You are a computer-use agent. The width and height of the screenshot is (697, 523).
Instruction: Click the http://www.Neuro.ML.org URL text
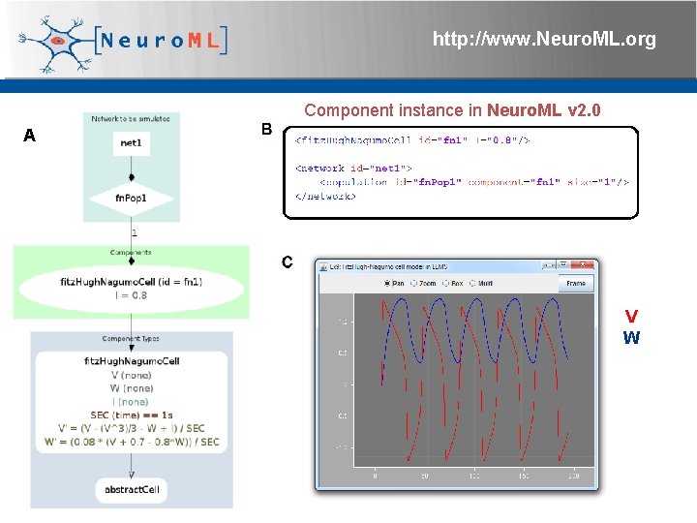point(544,40)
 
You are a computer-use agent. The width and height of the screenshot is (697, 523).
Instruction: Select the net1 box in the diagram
point(132,143)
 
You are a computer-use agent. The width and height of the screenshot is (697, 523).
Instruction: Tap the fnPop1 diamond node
point(131,198)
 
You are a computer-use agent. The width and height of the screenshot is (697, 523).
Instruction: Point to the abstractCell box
point(132,489)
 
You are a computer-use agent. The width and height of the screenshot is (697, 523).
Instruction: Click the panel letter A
point(30,136)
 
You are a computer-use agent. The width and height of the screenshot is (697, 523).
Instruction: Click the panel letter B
point(267,130)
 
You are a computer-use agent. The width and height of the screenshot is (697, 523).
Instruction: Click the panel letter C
point(288,261)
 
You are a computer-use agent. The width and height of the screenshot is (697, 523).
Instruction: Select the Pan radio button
point(387,284)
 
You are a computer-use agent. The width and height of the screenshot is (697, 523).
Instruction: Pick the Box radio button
point(445,284)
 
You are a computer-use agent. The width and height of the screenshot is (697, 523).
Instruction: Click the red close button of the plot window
point(586,264)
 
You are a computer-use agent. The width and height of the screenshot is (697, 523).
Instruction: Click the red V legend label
point(631,317)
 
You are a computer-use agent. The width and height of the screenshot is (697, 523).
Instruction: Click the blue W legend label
point(631,338)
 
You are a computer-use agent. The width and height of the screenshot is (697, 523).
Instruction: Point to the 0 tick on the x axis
point(376,477)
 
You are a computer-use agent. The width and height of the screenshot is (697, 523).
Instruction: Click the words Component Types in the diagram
point(132,339)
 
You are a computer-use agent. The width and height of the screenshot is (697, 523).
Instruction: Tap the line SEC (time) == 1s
point(132,415)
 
